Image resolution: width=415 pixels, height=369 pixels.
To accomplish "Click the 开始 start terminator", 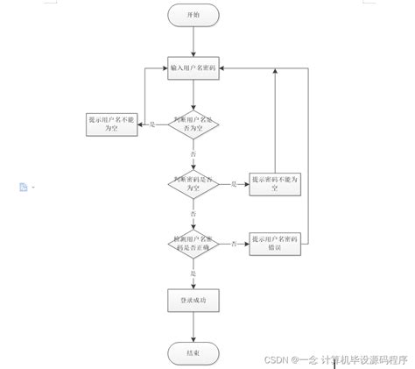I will tap(193, 15).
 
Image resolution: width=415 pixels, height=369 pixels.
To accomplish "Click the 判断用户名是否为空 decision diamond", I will tap(193, 124).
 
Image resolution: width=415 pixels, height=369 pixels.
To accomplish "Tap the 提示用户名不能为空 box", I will tap(111, 124).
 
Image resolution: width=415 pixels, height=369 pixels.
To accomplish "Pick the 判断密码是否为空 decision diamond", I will tap(193, 183).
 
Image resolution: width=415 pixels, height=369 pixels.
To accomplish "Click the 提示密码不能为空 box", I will tap(275, 183).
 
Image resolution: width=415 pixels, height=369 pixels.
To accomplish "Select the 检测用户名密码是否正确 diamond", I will tap(193, 243).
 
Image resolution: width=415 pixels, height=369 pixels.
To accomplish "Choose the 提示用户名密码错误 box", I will tap(275, 243).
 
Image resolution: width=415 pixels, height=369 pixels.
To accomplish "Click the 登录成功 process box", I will tap(193, 301).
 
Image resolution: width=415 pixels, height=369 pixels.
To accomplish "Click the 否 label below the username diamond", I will tap(193, 153).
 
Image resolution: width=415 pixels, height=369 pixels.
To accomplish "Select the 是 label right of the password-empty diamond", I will tap(234, 184).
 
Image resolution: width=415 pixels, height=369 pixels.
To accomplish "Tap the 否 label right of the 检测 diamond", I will tap(234, 244).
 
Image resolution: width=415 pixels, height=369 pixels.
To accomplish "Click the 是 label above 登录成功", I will tap(193, 273).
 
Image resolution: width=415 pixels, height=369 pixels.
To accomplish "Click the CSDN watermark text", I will tap(337, 359).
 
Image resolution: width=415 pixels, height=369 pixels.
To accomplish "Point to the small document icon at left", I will tap(24, 187).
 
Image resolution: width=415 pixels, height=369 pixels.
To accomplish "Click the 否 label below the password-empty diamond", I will tap(193, 213).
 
